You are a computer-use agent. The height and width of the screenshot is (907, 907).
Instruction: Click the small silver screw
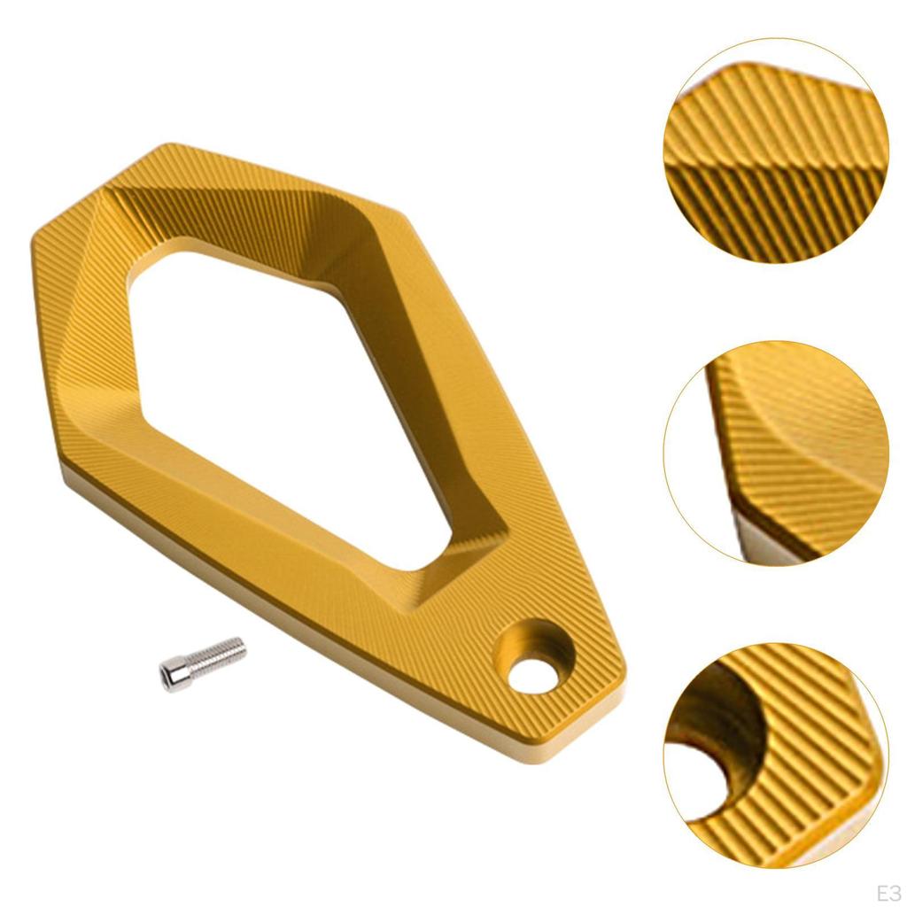tap(202, 663)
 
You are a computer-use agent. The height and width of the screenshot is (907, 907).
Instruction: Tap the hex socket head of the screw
tap(171, 675)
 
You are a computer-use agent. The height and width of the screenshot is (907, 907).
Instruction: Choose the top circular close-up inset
tap(775, 151)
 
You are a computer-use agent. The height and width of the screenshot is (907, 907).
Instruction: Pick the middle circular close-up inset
tap(775, 452)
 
